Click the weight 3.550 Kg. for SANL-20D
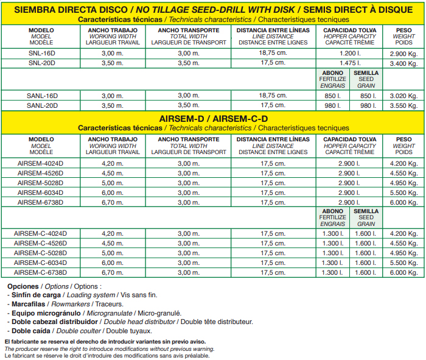pos(403,105)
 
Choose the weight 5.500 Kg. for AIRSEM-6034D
pos(403,192)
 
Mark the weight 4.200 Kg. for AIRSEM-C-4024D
pos(403,233)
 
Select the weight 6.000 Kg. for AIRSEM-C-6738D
pos(403,272)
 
